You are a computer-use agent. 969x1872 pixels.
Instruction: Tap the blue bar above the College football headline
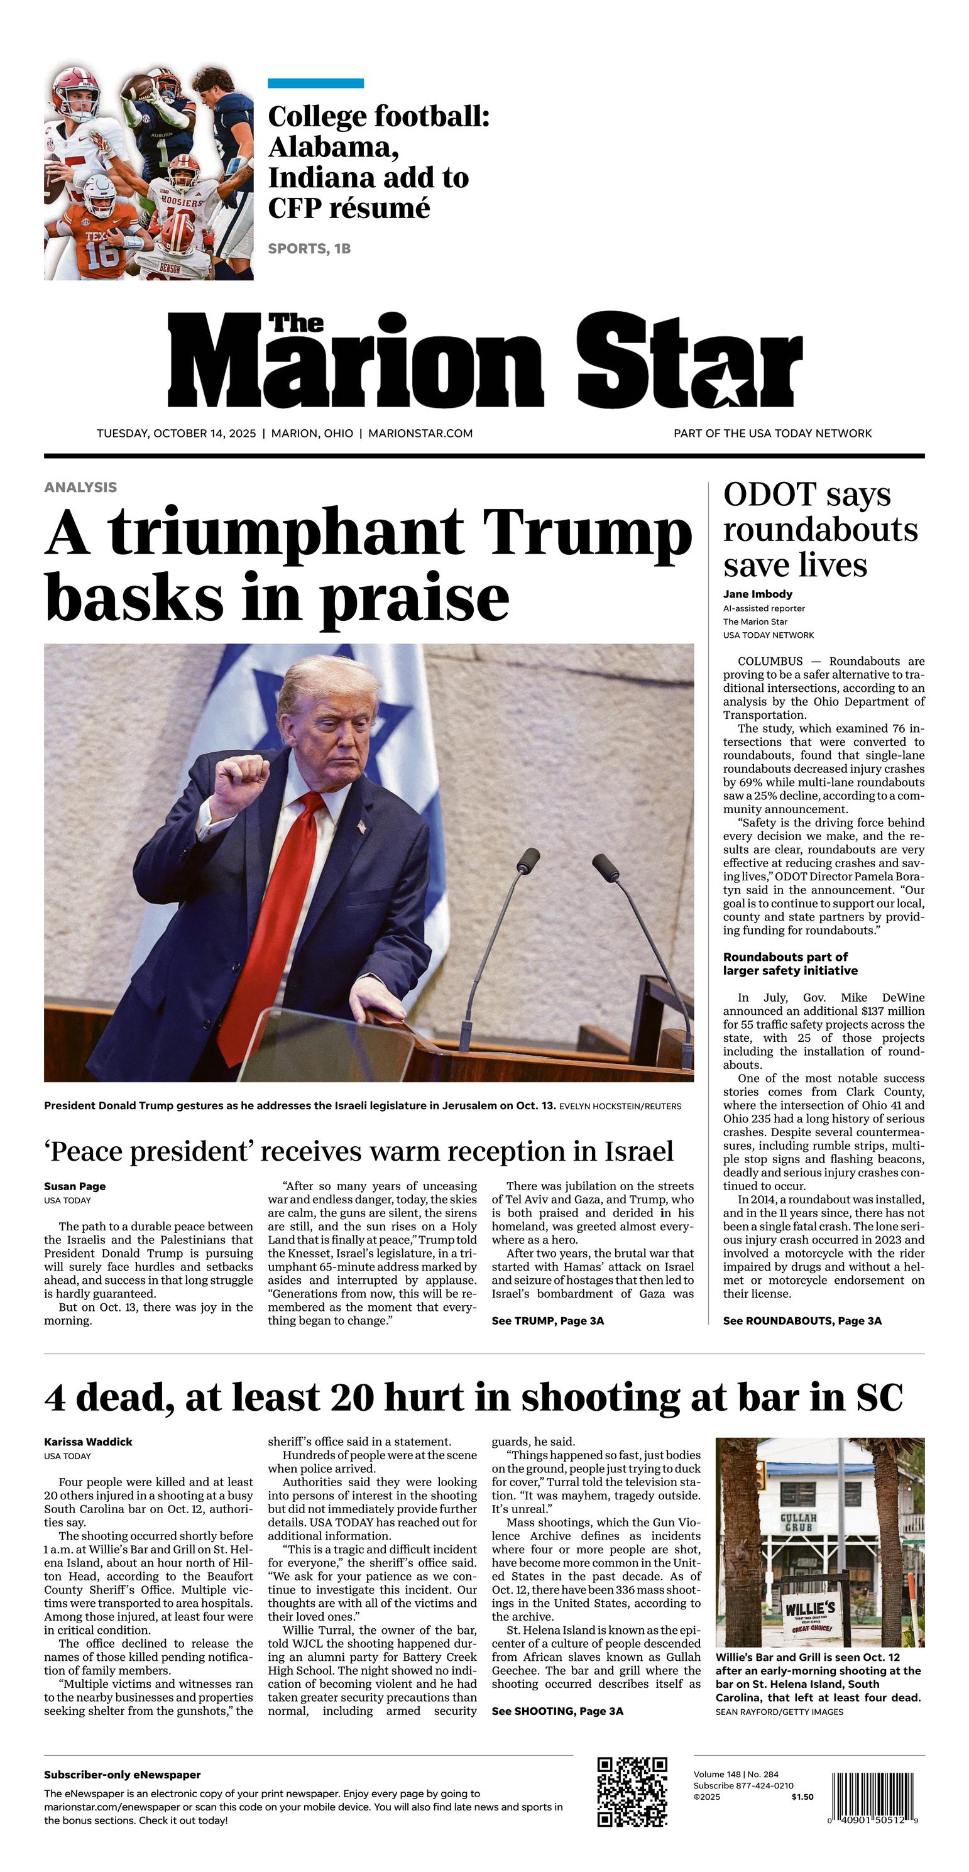[315, 84]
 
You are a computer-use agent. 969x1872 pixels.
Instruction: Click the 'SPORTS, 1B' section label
[309, 249]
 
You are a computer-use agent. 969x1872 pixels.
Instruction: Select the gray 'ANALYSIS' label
[80, 487]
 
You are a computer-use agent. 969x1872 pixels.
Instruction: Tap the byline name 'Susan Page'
[75, 1186]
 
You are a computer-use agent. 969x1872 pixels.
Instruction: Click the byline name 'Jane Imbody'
[757, 594]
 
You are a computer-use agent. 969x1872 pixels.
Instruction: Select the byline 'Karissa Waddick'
[88, 1442]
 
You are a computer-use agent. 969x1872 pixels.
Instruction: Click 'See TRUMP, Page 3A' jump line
[547, 1320]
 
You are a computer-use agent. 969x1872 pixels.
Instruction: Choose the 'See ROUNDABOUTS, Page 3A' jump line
[802, 1320]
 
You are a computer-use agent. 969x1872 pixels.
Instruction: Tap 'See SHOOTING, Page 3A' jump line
[557, 1711]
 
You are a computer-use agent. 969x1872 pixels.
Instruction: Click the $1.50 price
[802, 1797]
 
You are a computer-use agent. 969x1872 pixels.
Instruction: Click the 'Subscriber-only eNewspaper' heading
[122, 1775]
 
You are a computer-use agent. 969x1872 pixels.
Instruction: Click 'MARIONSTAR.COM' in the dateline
[420, 433]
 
